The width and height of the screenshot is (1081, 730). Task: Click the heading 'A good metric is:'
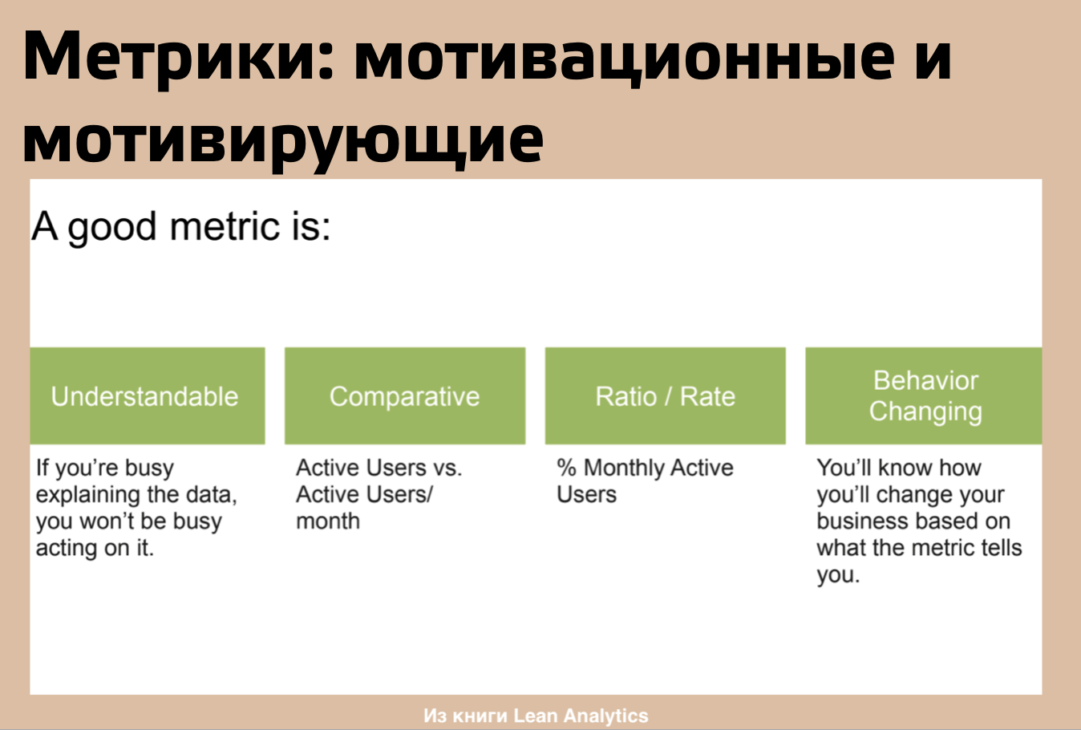[181, 227]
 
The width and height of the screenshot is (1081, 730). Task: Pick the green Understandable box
[148, 395]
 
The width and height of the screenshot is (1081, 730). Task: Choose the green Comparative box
[405, 395]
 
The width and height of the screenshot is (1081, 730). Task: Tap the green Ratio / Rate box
[665, 395]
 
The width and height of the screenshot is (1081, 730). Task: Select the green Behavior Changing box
[924, 395]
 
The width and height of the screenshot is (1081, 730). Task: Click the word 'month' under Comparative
[328, 521]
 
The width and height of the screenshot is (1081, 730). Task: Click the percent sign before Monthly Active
[566, 468]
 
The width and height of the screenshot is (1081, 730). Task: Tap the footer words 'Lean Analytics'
[581, 716]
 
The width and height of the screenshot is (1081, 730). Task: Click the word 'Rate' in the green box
[707, 397]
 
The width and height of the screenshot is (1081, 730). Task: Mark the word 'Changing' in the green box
[925, 412]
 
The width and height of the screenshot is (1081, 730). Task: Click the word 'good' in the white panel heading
[112, 228]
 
